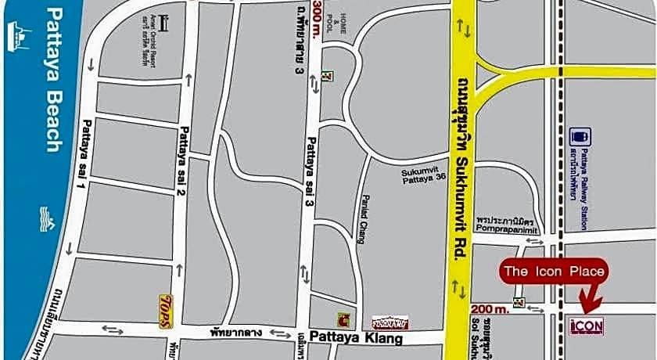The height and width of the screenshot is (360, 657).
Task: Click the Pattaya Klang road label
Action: click(356, 338)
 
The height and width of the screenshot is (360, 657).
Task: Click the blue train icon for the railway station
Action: click(580, 137)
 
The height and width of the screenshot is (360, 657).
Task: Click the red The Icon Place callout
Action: click(554, 272)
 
